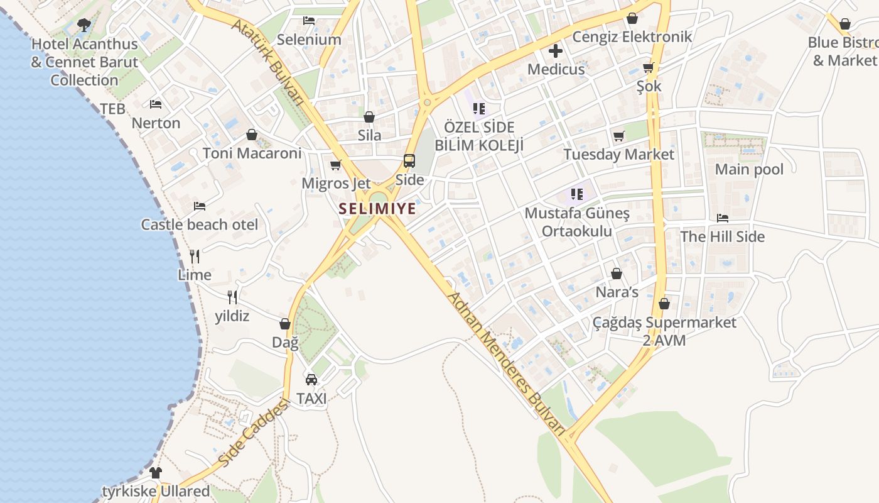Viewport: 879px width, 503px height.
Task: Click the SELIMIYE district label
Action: point(377,209)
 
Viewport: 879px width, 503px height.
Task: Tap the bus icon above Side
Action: point(409,161)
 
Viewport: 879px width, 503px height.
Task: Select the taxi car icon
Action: point(311,380)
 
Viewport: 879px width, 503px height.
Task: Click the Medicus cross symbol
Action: point(556,51)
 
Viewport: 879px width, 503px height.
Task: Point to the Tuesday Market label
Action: point(618,154)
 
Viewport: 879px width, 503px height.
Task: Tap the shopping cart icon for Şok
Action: point(649,68)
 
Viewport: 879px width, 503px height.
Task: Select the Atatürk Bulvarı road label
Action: point(276,61)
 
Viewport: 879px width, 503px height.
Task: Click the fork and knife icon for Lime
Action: point(195,256)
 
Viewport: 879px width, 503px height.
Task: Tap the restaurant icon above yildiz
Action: point(232,297)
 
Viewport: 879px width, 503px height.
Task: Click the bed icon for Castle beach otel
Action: point(200,206)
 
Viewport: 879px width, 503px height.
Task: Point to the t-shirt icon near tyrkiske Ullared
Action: point(156,472)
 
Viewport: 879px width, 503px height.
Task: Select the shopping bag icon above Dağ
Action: point(285,324)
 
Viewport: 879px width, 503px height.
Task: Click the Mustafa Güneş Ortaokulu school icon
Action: point(577,194)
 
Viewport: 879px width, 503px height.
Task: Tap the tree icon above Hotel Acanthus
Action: point(84,26)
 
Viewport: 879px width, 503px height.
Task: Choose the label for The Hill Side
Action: point(723,236)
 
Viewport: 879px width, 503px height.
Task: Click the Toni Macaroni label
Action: point(252,153)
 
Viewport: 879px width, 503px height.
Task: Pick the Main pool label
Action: point(749,169)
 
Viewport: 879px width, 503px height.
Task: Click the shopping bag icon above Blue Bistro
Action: point(845,24)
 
